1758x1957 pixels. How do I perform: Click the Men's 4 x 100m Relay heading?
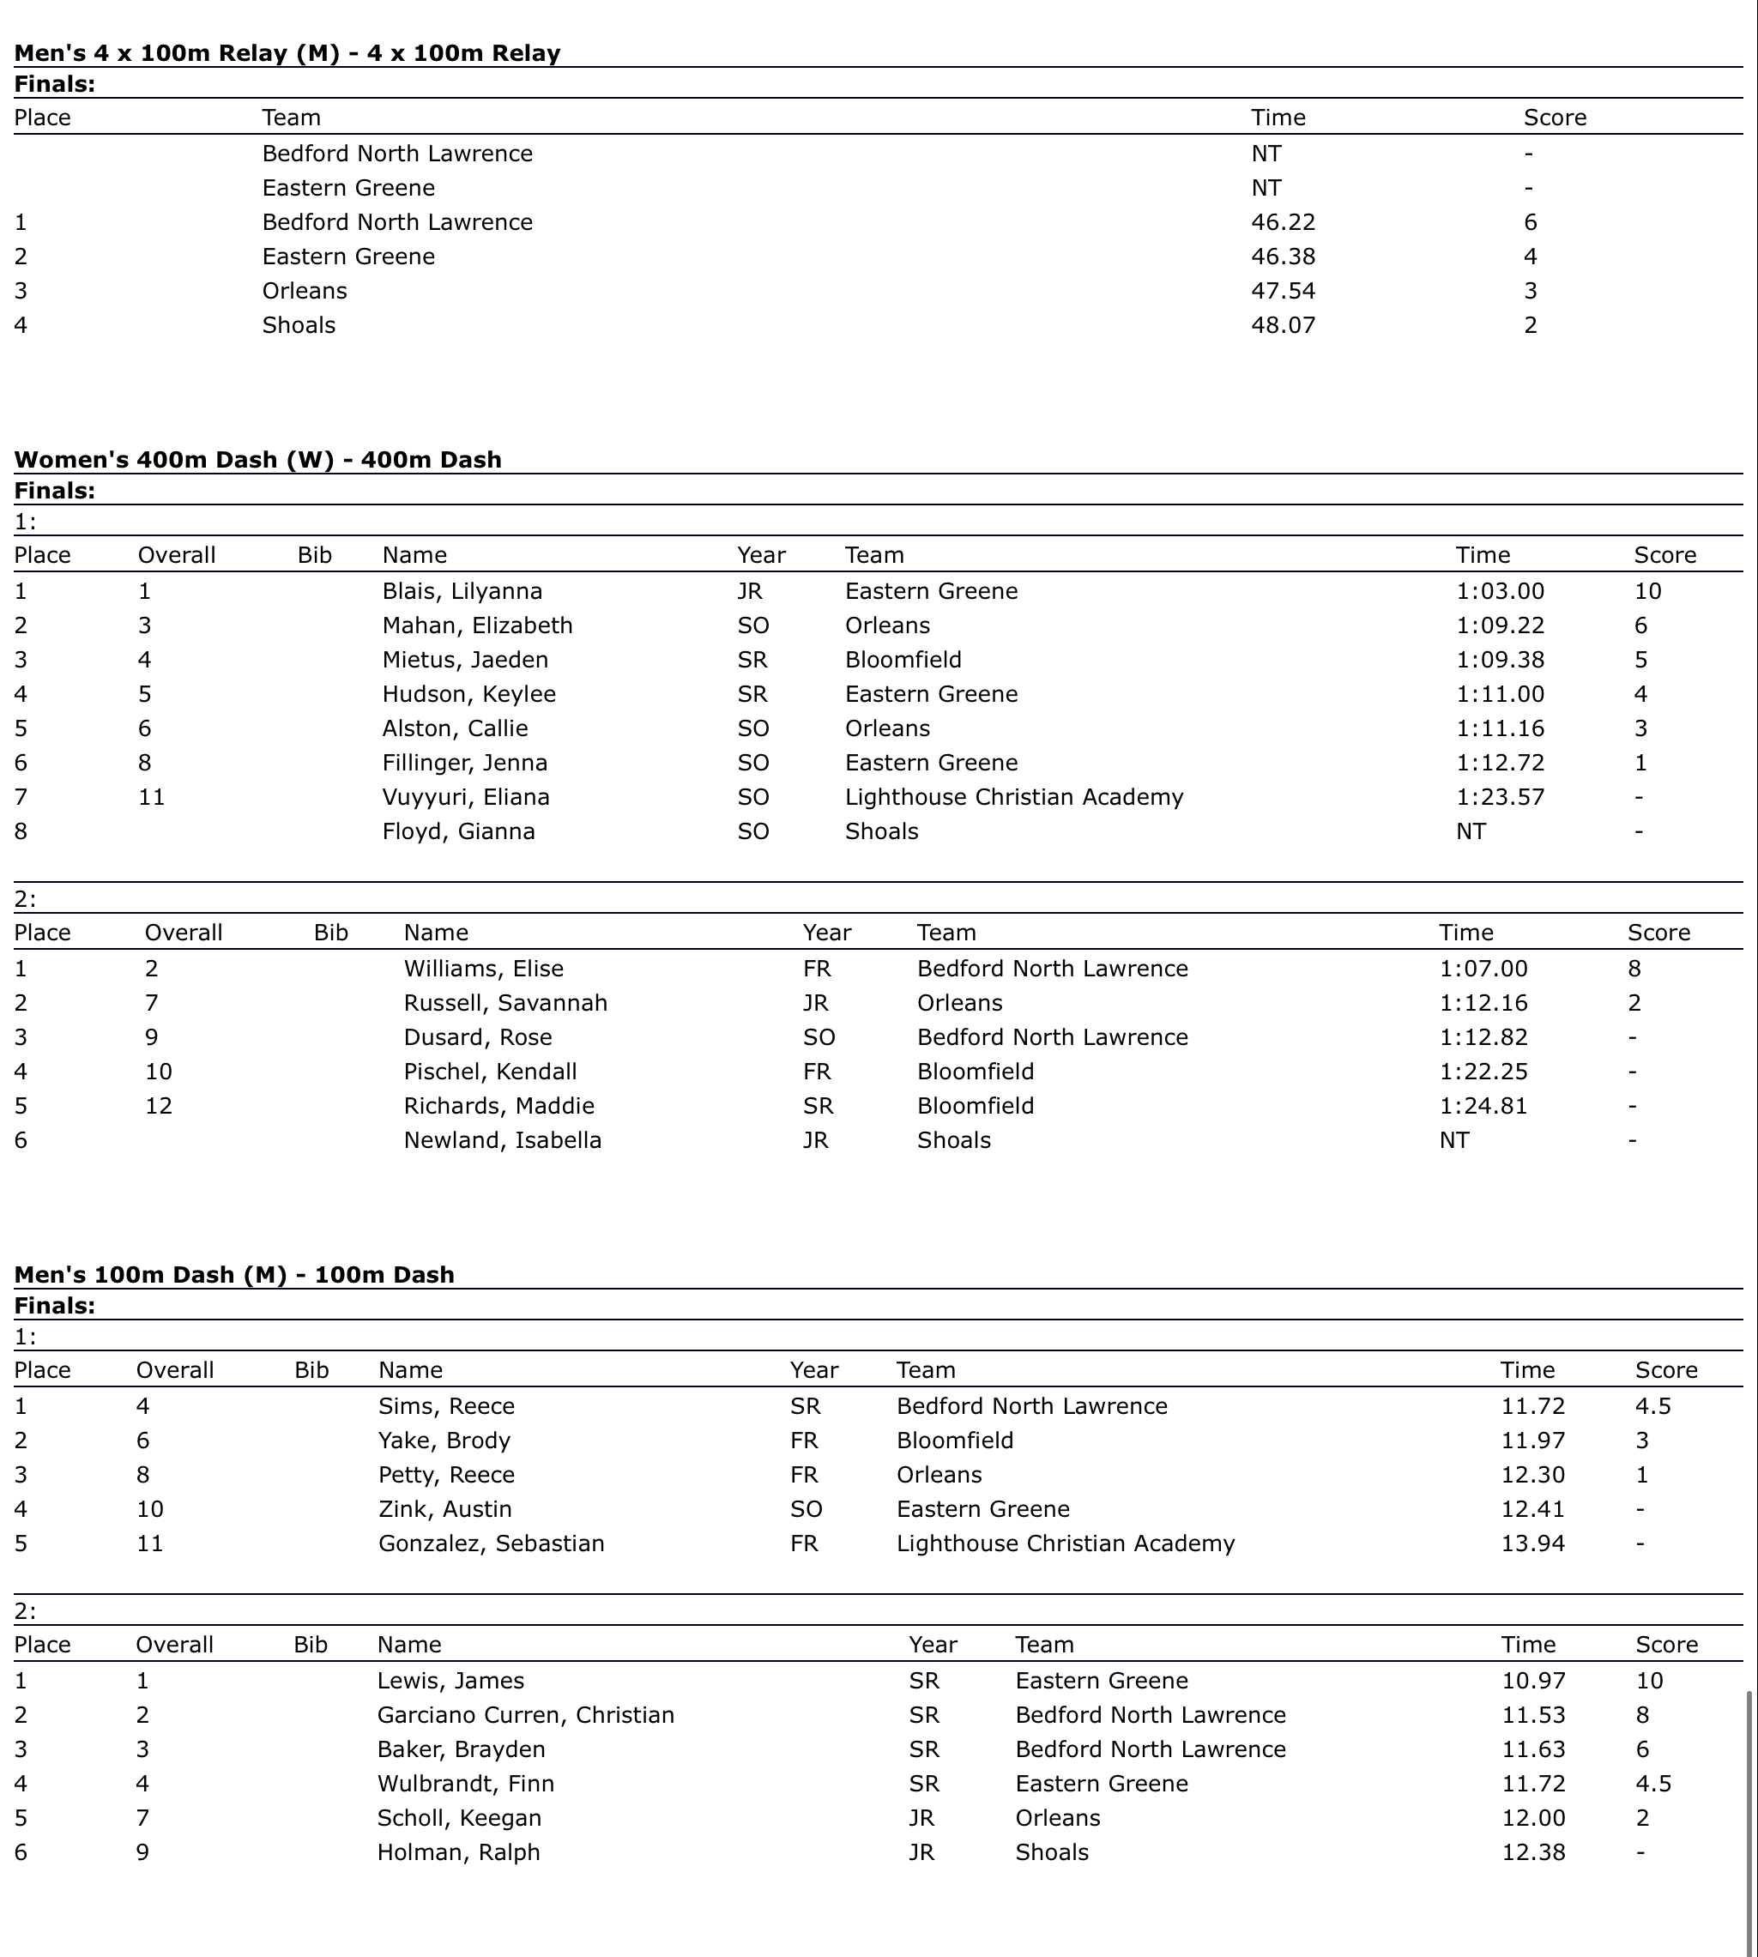tap(287, 53)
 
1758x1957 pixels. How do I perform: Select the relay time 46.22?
tap(1283, 222)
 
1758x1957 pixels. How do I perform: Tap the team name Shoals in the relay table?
tap(299, 324)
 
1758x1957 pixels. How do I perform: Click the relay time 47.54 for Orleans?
tap(1283, 291)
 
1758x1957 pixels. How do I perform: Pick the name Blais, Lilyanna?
tap(462, 591)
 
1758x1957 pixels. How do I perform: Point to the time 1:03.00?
tap(1500, 591)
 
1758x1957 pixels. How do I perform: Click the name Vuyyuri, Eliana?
tap(466, 797)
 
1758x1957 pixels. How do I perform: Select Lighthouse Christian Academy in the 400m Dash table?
tap(1013, 797)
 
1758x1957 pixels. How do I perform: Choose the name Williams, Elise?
tap(483, 969)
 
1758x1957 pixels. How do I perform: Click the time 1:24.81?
tap(1483, 1106)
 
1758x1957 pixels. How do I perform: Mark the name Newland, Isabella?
tap(502, 1140)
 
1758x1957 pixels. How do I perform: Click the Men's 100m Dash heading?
tap(233, 1275)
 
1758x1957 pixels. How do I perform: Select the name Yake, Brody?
tap(444, 1441)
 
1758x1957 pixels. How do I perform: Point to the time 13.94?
tap(1533, 1543)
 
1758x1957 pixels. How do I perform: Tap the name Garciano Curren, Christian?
tap(525, 1714)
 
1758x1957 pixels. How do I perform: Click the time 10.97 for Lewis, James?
tap(1534, 1681)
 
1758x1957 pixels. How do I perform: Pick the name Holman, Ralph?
tap(458, 1851)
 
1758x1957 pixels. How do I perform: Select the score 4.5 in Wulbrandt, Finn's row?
tap(1652, 1783)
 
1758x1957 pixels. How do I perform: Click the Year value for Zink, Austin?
tap(806, 1509)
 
